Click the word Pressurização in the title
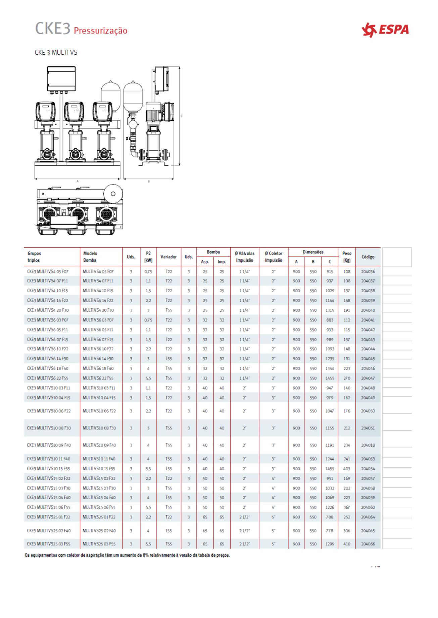click(x=100, y=31)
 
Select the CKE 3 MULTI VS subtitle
click(x=56, y=52)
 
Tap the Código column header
click(x=368, y=257)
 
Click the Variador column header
click(x=168, y=257)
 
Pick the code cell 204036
click(x=368, y=272)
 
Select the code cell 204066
click(x=368, y=544)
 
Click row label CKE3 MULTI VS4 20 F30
click(x=48, y=310)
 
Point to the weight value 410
click(x=347, y=544)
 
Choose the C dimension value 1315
click(x=330, y=310)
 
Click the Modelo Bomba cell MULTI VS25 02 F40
click(x=99, y=531)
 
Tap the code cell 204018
click(x=368, y=445)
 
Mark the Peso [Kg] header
click(x=347, y=257)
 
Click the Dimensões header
click(x=313, y=252)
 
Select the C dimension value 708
click(x=330, y=517)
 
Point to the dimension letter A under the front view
click(x=78, y=181)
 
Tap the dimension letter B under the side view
click(x=149, y=181)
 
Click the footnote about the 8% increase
click(x=127, y=555)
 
